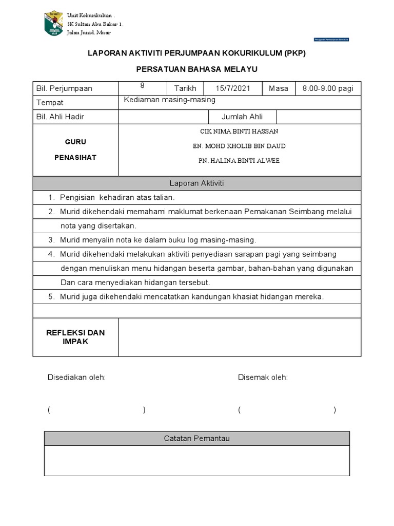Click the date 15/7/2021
[233, 88]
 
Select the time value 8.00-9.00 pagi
[328, 88]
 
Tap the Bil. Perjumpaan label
[64, 88]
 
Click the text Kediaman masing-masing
[170, 100]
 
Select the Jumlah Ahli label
[242, 117]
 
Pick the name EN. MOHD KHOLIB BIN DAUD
[239, 146]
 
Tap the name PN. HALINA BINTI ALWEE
[239, 161]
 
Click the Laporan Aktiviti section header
[196, 183]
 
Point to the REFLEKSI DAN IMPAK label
[75, 337]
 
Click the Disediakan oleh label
[76, 378]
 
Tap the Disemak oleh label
[263, 378]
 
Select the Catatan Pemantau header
[196, 438]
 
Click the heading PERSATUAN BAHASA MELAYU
[196, 69]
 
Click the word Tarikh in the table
[185, 88]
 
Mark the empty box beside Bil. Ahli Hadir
[163, 117]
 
